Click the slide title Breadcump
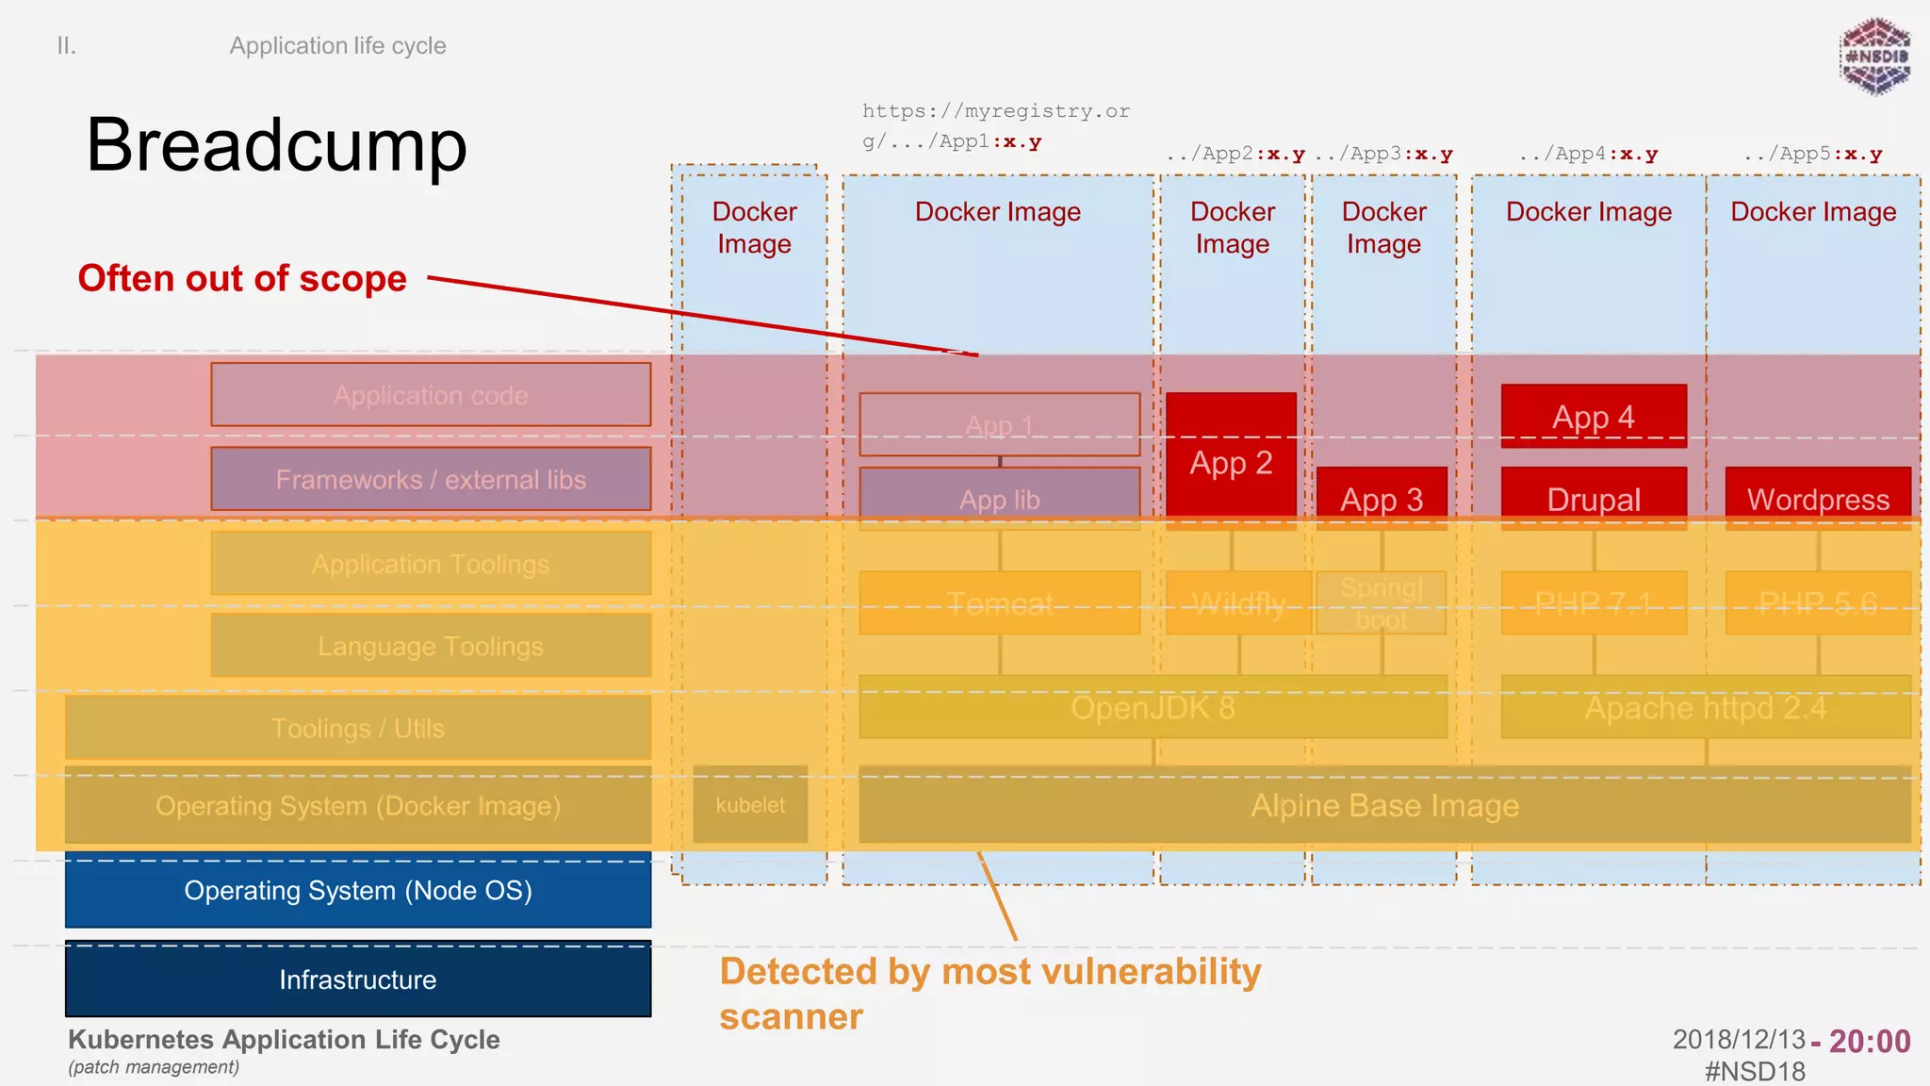(276, 145)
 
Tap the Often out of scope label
(242, 278)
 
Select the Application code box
(431, 395)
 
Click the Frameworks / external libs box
(431, 479)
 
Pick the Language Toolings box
(431, 646)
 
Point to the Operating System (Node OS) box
(358, 890)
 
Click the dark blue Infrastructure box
(358, 979)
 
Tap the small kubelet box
(750, 805)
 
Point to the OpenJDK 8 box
(1153, 707)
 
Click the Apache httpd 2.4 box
(1706, 707)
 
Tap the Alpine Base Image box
(1384, 805)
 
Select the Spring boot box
(1382, 603)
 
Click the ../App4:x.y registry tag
(1589, 154)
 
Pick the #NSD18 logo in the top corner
(1875, 57)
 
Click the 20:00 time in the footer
(1870, 1041)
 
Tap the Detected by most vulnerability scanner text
(990, 994)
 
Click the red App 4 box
(1594, 416)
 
